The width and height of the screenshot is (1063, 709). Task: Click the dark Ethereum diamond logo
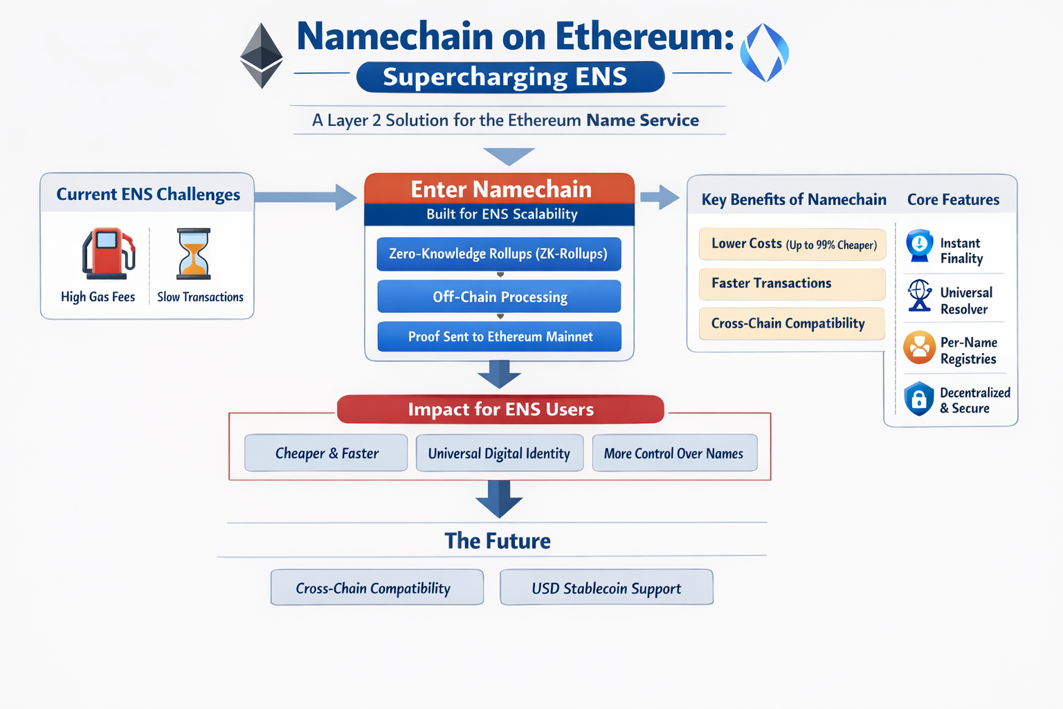tap(261, 55)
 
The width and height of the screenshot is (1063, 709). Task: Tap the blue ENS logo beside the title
tap(764, 53)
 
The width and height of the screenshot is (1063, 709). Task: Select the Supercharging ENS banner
tap(510, 77)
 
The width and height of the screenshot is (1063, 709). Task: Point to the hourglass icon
tap(194, 253)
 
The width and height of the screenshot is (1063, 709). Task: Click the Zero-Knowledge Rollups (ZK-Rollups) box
tap(498, 254)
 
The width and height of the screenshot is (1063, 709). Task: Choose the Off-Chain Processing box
tap(499, 297)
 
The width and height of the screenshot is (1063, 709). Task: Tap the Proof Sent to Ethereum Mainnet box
tap(499, 337)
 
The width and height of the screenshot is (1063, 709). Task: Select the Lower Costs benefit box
tap(792, 244)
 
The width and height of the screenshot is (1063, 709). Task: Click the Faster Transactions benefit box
tap(792, 284)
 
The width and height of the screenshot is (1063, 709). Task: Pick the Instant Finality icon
tap(920, 246)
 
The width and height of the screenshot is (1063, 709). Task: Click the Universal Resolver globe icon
tap(920, 296)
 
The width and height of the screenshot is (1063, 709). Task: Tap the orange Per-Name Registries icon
tap(920, 348)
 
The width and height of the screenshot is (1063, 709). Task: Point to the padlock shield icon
tap(919, 399)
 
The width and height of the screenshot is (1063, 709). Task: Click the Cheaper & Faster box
tap(326, 454)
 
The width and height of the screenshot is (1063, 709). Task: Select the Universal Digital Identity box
tap(499, 454)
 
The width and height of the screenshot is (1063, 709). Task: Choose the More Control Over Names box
tap(674, 454)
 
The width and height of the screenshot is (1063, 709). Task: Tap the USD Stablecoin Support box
tap(606, 588)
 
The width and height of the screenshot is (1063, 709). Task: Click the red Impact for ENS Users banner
tap(500, 409)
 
